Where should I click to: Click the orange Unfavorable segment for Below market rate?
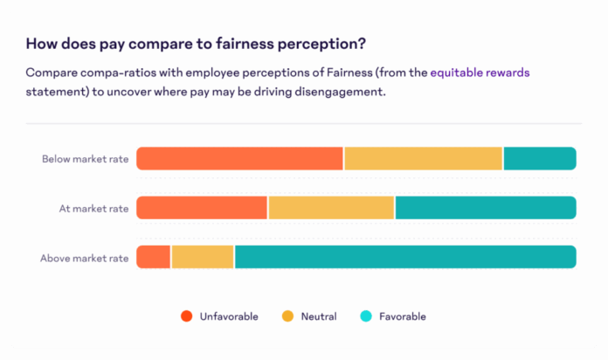click(239, 158)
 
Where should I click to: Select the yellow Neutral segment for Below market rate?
click(423, 158)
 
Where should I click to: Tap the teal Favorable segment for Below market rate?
click(539, 158)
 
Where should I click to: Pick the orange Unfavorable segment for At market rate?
click(202, 208)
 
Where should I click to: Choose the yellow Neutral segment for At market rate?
click(331, 208)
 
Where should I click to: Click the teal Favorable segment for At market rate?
click(485, 208)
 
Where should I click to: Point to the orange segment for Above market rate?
click(154, 257)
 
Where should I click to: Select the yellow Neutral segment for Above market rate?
click(203, 257)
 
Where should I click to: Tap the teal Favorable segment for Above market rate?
click(404, 257)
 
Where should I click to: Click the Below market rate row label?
click(85, 159)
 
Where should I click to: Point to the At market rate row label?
click(93, 209)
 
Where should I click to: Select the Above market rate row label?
click(84, 258)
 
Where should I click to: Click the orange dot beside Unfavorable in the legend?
click(186, 315)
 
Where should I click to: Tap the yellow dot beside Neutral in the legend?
click(287, 315)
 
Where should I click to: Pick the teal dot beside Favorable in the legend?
click(367, 315)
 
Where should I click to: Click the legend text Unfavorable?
click(229, 315)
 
